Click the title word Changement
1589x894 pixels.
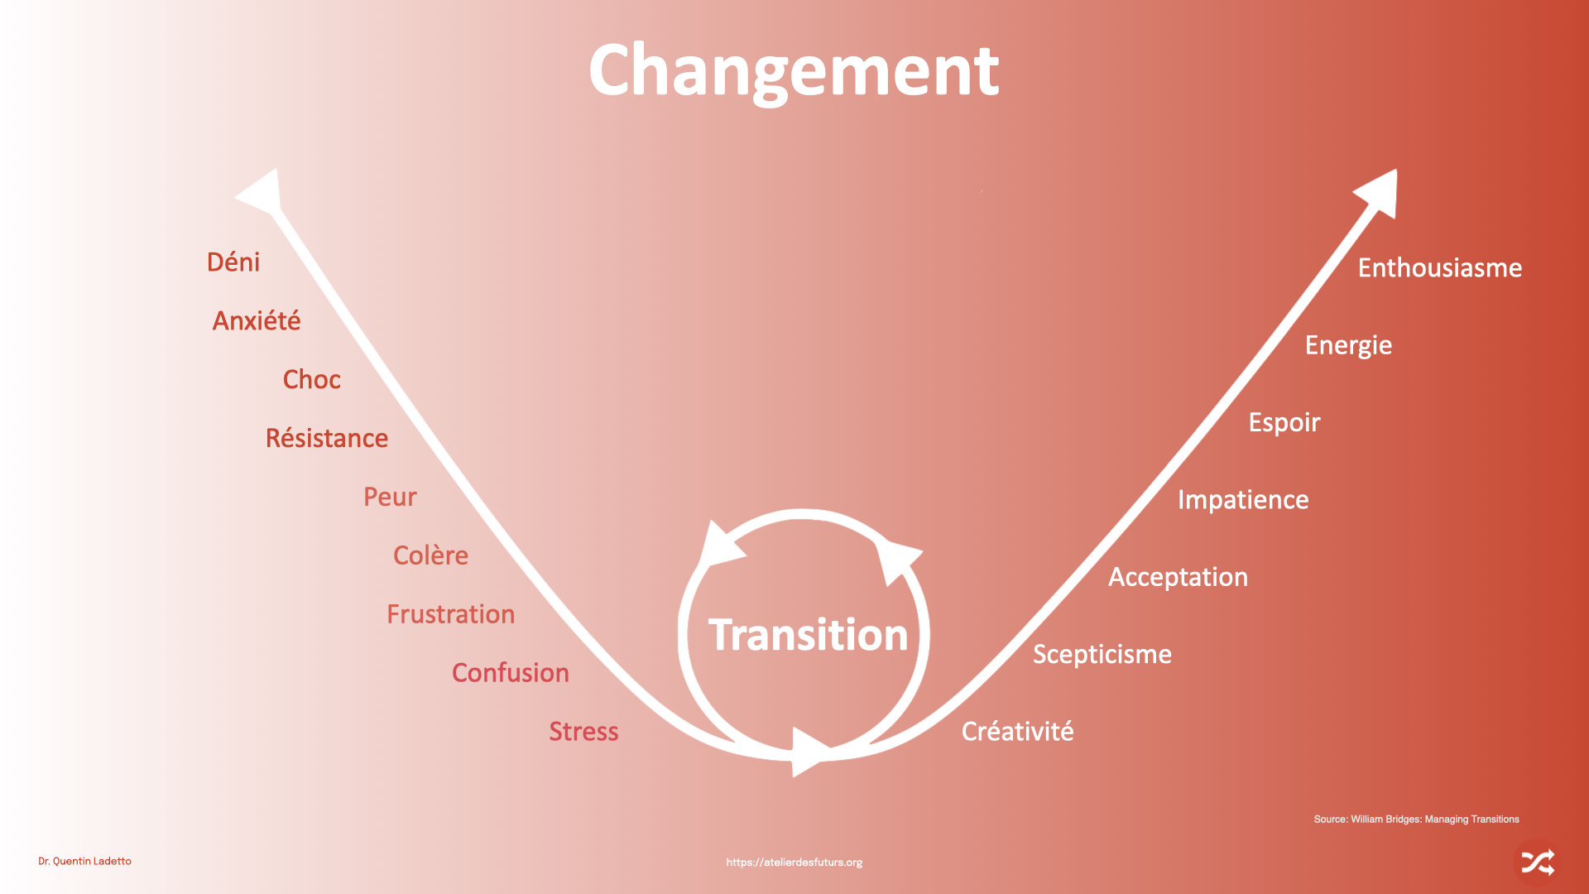(794, 72)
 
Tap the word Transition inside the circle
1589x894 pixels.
(808, 635)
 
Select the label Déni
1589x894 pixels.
(233, 262)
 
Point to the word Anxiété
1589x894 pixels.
(257, 321)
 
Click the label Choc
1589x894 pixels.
(311, 380)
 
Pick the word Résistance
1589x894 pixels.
(326, 439)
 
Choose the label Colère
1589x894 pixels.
(430, 555)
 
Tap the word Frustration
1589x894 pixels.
(450, 614)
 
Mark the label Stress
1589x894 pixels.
(583, 732)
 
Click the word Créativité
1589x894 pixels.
(1017, 732)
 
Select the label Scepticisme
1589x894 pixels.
(1102, 655)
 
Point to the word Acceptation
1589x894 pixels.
(1178, 577)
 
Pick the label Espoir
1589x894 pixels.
(1284, 423)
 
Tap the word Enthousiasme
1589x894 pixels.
(1439, 268)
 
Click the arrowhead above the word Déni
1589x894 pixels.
(263, 194)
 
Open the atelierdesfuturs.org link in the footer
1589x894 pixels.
(794, 863)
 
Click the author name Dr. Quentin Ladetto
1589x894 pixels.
(84, 862)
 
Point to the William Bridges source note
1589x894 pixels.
(1416, 819)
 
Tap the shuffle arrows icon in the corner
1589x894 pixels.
(1538, 863)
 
